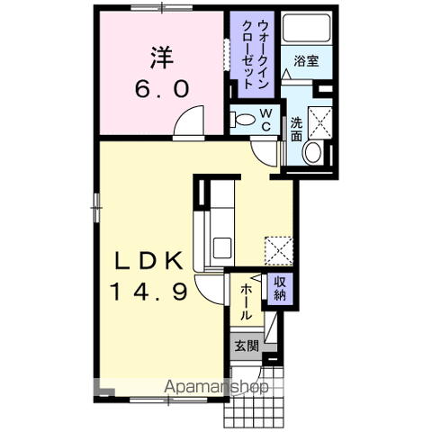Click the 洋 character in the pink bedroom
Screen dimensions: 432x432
(x=162, y=58)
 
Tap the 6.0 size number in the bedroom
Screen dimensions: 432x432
(x=162, y=89)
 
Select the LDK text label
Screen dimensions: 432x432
(x=149, y=260)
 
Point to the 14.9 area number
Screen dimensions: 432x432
(x=149, y=292)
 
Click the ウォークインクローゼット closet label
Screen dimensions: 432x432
(x=255, y=54)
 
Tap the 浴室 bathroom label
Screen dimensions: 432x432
(x=306, y=61)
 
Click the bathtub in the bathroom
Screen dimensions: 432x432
(x=306, y=28)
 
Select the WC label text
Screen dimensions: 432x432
(x=265, y=120)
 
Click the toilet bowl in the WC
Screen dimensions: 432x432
(x=242, y=120)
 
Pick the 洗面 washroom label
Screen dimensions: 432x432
(x=296, y=130)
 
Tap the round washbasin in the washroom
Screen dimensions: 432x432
(x=313, y=152)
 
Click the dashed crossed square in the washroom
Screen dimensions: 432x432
(x=320, y=122)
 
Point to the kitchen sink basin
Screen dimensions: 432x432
(x=222, y=247)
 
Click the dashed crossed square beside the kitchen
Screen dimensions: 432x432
(x=278, y=251)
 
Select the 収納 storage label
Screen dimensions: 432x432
(x=280, y=288)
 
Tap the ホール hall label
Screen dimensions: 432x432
(x=246, y=302)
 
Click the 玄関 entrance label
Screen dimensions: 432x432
(x=247, y=346)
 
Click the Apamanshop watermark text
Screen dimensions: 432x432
(x=216, y=386)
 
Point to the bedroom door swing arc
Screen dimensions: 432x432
(x=184, y=114)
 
